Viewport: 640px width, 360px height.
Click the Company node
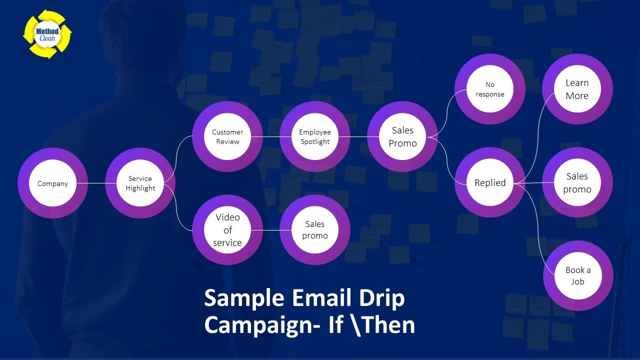pyautogui.click(x=52, y=183)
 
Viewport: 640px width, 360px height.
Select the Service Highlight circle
pyautogui.click(x=140, y=183)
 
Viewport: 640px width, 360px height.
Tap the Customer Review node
pyautogui.click(x=227, y=136)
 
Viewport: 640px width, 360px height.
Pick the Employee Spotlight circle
pyautogui.click(x=315, y=136)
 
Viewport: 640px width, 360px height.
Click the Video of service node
pyautogui.click(x=227, y=230)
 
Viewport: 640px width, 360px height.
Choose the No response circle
pyautogui.click(x=490, y=89)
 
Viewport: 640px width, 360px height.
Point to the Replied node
pyautogui.click(x=490, y=183)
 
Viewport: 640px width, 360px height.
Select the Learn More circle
pyautogui.click(x=577, y=89)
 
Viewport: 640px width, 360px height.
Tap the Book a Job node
pyautogui.click(x=578, y=275)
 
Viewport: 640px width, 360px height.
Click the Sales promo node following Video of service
pyautogui.click(x=315, y=230)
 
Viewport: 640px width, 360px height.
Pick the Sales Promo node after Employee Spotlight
pyautogui.click(x=402, y=136)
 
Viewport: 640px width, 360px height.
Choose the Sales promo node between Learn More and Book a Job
pyautogui.click(x=577, y=183)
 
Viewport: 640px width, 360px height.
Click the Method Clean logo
pyautogui.click(x=47, y=34)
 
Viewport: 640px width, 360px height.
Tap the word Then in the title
pyautogui.click(x=388, y=325)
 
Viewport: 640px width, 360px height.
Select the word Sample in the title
pyautogui.click(x=243, y=298)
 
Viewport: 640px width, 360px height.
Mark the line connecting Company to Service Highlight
pyautogui.click(x=96, y=183)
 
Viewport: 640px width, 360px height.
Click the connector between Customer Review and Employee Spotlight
pyautogui.click(x=271, y=136)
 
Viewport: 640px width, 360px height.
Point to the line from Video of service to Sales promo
pyautogui.click(x=271, y=230)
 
